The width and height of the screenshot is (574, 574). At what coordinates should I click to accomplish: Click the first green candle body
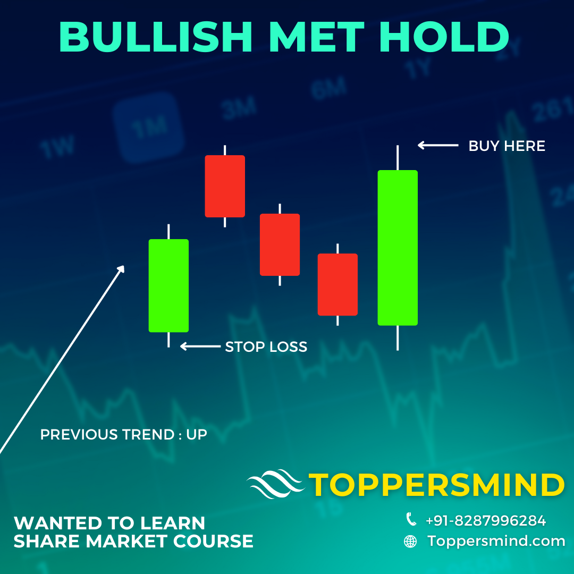[x=168, y=285]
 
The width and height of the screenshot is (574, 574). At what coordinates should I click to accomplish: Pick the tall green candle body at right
[x=398, y=247]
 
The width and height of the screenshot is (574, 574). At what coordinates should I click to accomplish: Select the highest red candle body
[x=225, y=186]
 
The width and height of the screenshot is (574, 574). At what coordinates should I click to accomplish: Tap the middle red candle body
[x=280, y=244]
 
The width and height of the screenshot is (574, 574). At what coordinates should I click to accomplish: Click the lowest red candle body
[x=337, y=284]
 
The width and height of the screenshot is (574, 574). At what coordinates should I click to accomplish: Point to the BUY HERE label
[x=507, y=146]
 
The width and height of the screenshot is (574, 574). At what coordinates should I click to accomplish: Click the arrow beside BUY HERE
[x=437, y=145]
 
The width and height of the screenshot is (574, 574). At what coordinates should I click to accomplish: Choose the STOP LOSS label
[x=266, y=347]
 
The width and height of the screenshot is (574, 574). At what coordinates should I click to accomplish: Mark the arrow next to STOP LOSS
[x=200, y=347]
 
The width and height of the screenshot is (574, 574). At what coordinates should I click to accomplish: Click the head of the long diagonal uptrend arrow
[x=121, y=269]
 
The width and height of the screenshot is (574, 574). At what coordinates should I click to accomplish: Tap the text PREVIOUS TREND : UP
[x=123, y=435]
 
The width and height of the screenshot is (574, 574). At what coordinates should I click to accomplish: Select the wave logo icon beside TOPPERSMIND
[x=276, y=484]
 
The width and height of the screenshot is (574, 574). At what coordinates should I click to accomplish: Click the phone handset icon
[x=411, y=519]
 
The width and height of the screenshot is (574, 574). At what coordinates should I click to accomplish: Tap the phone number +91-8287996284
[x=486, y=521]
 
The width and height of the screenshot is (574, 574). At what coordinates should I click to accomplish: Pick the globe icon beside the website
[x=410, y=542]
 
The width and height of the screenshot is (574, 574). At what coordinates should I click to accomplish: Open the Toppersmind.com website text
[x=496, y=542]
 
